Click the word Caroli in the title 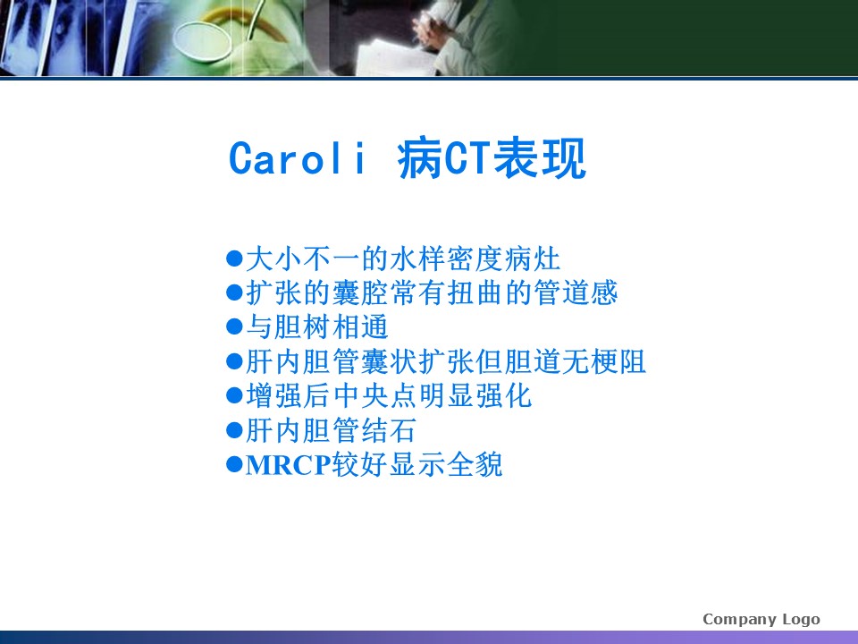(x=297, y=159)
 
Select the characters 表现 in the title (x=540, y=159)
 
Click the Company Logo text (x=761, y=619)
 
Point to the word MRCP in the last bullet (x=289, y=465)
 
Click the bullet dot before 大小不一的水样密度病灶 (x=234, y=258)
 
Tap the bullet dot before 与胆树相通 (x=234, y=327)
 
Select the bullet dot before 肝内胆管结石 (x=234, y=430)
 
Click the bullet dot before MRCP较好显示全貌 (x=234, y=464)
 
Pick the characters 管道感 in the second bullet (x=576, y=292)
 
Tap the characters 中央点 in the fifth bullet (x=374, y=396)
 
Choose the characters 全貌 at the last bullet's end (x=475, y=464)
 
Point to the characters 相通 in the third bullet (x=360, y=327)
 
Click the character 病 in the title (x=420, y=159)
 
